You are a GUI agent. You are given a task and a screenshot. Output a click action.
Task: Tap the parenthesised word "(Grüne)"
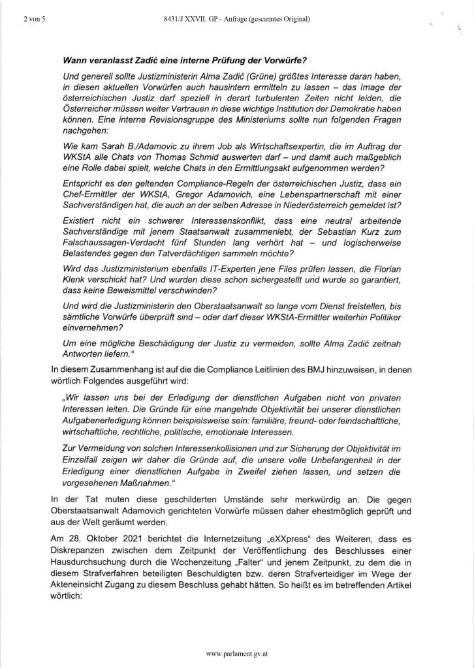[x=257, y=77]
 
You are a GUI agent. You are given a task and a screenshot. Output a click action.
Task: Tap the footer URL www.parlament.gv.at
[x=236, y=653]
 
